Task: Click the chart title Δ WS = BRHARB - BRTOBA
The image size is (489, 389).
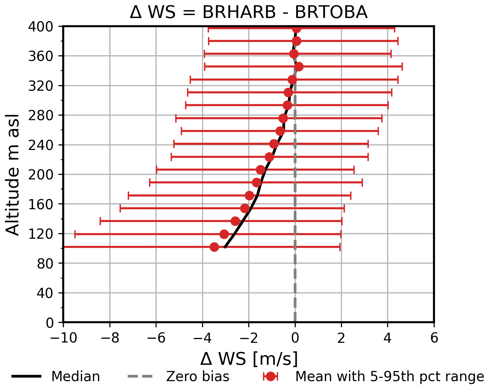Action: coord(248,12)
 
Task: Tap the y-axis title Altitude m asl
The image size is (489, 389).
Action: coord(13,175)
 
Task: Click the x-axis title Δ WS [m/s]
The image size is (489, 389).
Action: coord(249,359)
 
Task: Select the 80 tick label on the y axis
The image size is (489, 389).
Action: coord(46,263)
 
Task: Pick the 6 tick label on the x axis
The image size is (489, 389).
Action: coord(434,338)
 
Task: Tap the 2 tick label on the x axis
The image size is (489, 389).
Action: coord(341,338)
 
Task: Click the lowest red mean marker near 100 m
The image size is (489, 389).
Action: coord(214,247)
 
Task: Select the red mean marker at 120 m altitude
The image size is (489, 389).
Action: coord(224,234)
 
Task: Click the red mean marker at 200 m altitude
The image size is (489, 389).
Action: coord(261,170)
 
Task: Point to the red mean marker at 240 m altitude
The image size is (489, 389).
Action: coord(274,144)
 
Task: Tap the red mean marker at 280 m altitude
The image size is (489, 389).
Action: coord(283,118)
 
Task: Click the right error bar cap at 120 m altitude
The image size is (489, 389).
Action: coord(341,234)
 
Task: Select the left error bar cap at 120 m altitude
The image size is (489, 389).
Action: coord(75,234)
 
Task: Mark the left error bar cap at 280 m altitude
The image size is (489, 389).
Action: coord(176,118)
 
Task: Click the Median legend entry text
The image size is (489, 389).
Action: coord(76,377)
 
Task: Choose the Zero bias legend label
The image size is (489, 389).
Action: coord(197,377)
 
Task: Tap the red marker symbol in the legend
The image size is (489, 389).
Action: coord(271,377)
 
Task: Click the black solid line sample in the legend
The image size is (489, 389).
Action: coord(26,377)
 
